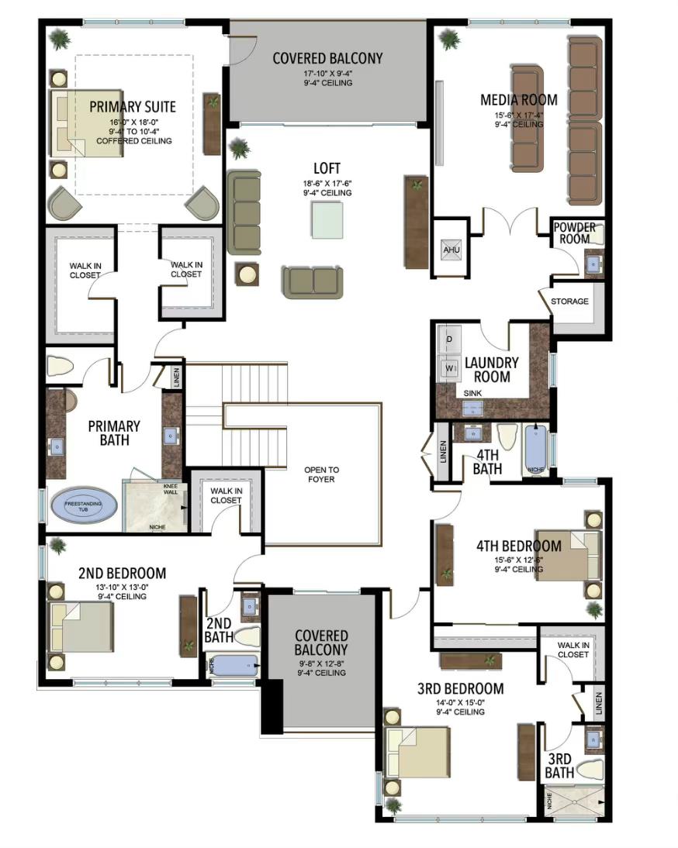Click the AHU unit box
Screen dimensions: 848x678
click(x=451, y=250)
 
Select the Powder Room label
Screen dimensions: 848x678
click(x=575, y=233)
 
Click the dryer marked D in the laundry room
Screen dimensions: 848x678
click(x=449, y=339)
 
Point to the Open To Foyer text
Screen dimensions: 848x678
click(x=321, y=474)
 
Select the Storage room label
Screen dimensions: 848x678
click(x=569, y=302)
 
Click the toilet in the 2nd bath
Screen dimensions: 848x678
click(x=246, y=636)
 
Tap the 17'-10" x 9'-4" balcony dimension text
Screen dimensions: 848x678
click(x=327, y=74)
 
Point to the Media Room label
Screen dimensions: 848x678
click(x=518, y=99)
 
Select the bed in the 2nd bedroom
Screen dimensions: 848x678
click(x=83, y=626)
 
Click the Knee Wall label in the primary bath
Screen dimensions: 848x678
click(x=170, y=490)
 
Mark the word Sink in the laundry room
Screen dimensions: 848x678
click(x=473, y=394)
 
